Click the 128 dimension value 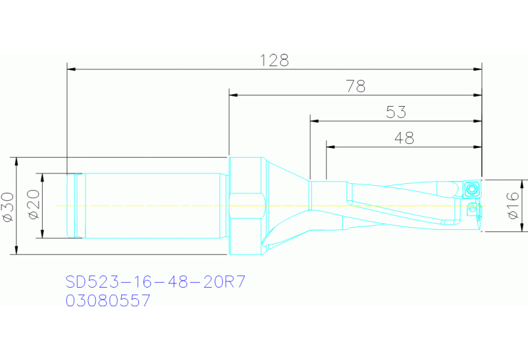[274, 60]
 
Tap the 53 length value [396, 112]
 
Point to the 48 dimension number [404, 138]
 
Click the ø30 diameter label [8, 205]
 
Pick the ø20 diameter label [34, 205]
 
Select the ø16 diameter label [513, 205]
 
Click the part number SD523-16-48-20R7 [156, 282]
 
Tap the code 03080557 [107, 301]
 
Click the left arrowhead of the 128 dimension [71, 69]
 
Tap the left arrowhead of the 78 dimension [233, 95]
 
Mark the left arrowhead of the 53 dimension [314, 120]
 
